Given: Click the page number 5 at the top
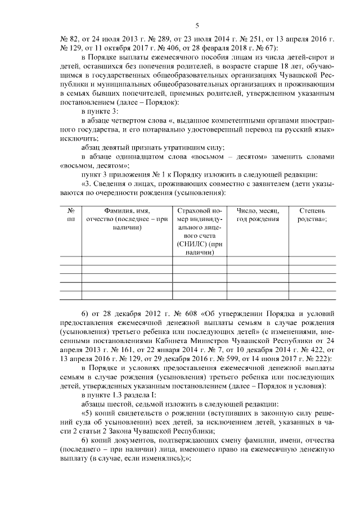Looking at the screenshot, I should (x=197, y=25).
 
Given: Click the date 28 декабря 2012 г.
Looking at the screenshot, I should (x=125, y=312).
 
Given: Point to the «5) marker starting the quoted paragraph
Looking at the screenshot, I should (x=87, y=411).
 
